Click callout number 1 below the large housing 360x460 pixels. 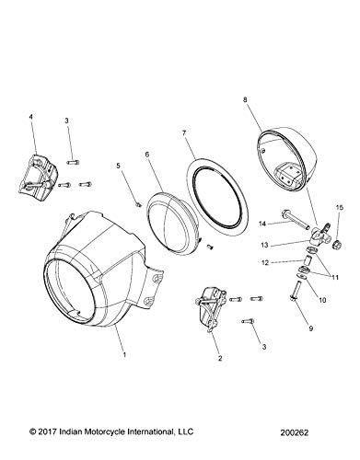point(122,351)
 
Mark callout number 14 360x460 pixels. point(262,224)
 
